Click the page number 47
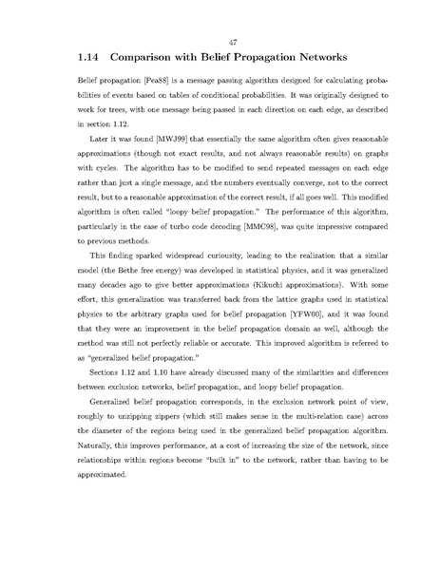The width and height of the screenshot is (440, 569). point(220,41)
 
